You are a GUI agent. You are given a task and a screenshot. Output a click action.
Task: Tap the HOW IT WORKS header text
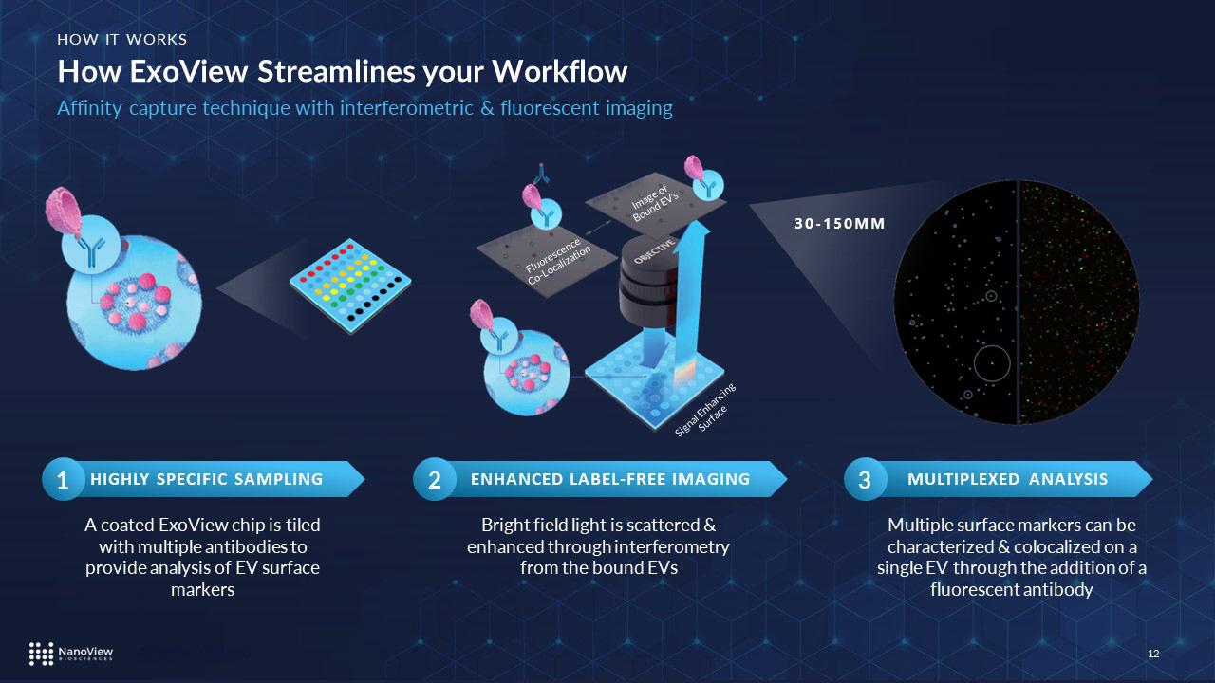click(121, 39)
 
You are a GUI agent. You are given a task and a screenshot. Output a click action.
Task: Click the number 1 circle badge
click(61, 481)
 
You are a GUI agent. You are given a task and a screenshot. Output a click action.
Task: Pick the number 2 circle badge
click(434, 481)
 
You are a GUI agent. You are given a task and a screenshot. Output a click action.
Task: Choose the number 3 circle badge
click(864, 481)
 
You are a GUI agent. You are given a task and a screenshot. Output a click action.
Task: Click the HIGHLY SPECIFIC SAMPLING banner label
click(206, 479)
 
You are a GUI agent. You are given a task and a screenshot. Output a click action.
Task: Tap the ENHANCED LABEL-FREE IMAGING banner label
click(610, 479)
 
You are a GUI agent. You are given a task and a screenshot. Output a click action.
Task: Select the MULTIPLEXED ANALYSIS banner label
click(1007, 479)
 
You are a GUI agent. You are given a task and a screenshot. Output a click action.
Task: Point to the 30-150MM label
click(839, 225)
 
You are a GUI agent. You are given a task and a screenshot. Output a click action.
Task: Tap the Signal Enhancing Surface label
click(705, 410)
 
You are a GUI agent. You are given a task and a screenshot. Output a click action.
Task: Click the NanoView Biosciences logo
click(71, 653)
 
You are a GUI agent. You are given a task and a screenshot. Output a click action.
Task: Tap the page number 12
click(1154, 654)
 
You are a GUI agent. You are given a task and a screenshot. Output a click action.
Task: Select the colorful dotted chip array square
click(351, 286)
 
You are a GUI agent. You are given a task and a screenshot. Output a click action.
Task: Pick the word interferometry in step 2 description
click(671, 546)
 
